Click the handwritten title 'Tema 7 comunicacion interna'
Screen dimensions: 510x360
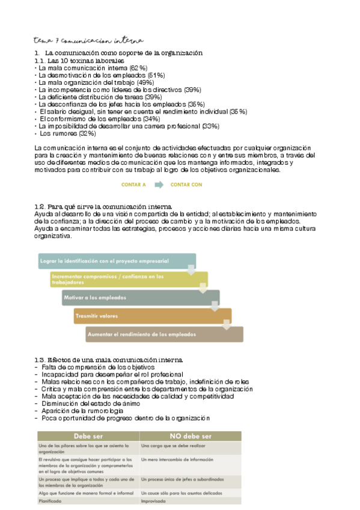point(89,41)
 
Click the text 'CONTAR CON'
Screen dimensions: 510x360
point(186,185)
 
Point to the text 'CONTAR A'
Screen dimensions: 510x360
point(133,185)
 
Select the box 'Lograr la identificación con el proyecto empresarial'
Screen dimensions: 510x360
point(114,261)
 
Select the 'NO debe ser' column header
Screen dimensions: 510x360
point(189,435)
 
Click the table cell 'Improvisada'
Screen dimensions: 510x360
point(153,500)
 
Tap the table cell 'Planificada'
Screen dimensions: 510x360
point(50,500)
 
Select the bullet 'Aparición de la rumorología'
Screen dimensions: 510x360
point(80,411)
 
